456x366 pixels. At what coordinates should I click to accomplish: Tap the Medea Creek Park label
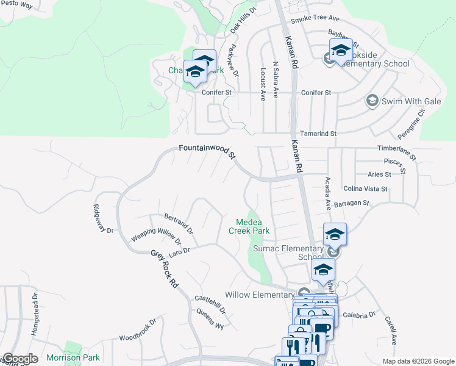[x=249, y=226]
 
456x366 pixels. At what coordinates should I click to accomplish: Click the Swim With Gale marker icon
[x=371, y=99]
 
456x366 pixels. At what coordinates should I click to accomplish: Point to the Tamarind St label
[x=319, y=134]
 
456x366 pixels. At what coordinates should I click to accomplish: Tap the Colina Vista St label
[x=366, y=189]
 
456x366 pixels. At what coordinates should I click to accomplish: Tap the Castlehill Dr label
[x=210, y=304]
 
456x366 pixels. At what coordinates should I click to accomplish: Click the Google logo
[x=20, y=359]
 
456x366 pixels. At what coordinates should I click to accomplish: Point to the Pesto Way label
[x=16, y=5]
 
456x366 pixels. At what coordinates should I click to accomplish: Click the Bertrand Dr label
[x=179, y=224]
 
